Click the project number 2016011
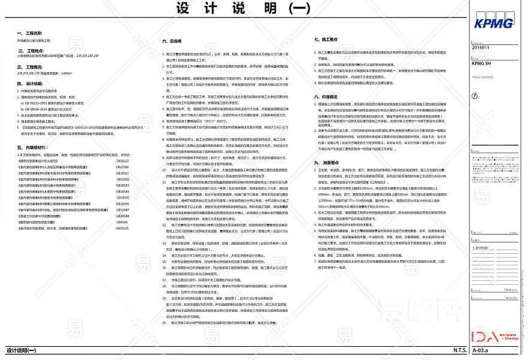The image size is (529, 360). coord(481,47)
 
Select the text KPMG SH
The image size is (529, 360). coord(481,62)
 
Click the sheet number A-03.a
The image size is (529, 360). coord(480,350)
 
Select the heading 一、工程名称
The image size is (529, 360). coord(31,33)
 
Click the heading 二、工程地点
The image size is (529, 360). coord(31,51)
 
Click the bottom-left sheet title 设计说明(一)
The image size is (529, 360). coord(22,350)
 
